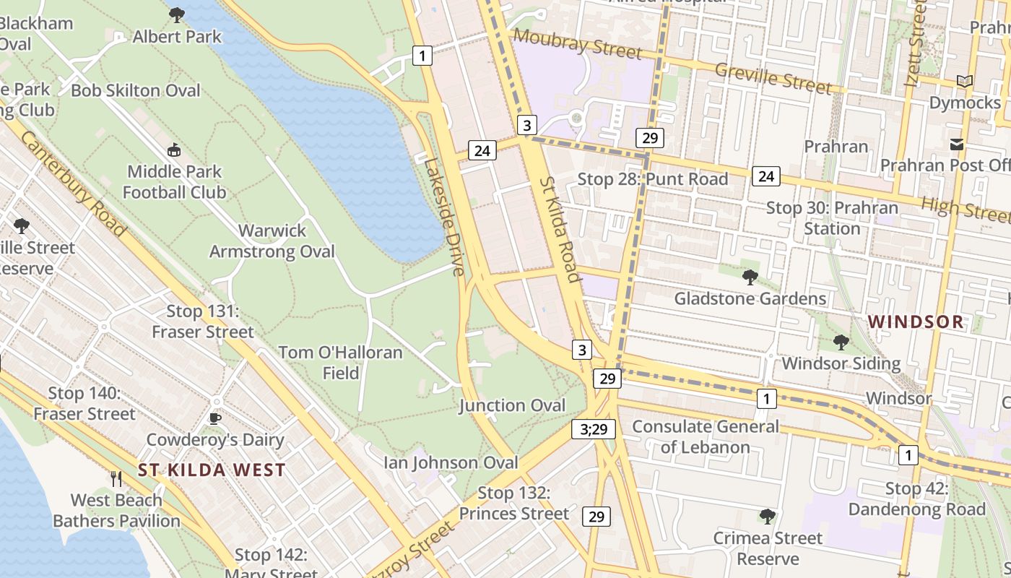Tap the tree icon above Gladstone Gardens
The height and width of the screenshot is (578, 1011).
[750, 277]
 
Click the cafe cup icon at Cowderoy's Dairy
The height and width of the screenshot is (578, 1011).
[214, 418]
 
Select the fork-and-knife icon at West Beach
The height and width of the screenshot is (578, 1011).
[116, 478]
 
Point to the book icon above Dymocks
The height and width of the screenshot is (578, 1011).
[964, 81]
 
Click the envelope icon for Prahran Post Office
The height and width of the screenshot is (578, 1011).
[957, 144]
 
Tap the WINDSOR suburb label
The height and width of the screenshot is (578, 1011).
[916, 322]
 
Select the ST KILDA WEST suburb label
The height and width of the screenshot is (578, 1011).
[212, 470]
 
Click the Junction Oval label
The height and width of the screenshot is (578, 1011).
[512, 405]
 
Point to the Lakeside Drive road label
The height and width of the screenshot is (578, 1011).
[443, 217]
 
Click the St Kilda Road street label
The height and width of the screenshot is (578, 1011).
[559, 229]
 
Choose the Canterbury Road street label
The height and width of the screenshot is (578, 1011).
[73, 182]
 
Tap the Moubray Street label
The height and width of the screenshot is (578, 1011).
[577, 44]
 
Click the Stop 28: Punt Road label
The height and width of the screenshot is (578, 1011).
[654, 178]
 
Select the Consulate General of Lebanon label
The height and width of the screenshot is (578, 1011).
[706, 436]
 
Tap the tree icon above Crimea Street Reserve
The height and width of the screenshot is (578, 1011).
[767, 517]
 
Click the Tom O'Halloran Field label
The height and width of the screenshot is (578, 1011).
[340, 363]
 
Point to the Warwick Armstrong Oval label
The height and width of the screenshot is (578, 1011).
[272, 241]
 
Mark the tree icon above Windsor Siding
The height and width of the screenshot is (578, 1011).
[841, 342]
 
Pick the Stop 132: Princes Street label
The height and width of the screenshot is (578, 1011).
[513, 504]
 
